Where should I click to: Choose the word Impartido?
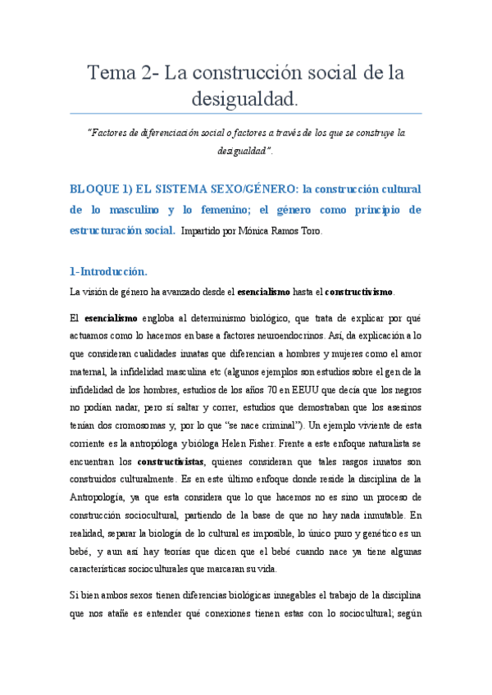pos(200,231)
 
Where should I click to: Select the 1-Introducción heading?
pos(109,270)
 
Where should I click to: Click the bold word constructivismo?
pos(359,291)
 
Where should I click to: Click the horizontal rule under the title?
pos(246,113)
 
